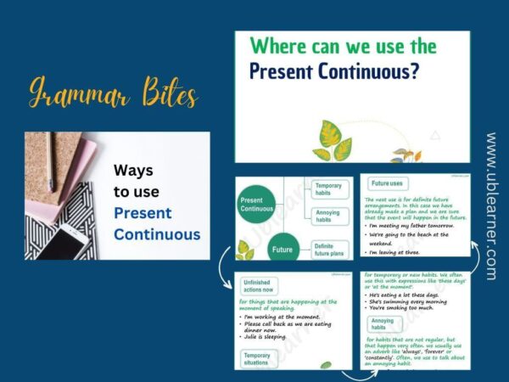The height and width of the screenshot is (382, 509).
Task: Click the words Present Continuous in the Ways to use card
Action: click(x=157, y=223)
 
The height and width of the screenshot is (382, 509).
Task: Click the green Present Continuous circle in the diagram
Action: click(x=256, y=205)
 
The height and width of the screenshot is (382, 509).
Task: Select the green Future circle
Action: click(x=282, y=250)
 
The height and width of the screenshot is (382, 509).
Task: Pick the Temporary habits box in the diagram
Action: click(x=327, y=189)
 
